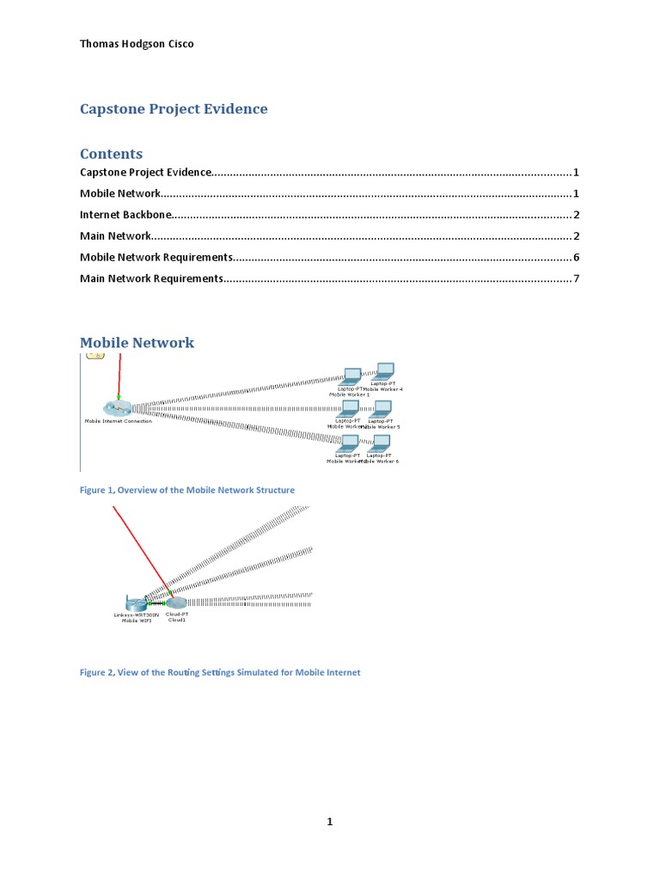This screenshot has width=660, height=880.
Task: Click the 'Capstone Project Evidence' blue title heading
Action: coord(174,109)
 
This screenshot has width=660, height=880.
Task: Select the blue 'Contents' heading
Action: coord(111,154)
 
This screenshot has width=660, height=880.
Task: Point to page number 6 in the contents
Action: coord(576,257)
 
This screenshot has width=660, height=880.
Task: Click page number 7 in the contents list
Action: coord(576,278)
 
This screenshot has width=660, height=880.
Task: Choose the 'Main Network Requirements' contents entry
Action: coord(151,278)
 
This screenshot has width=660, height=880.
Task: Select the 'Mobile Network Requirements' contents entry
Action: coord(156,257)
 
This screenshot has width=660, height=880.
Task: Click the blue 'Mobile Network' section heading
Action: coord(137,343)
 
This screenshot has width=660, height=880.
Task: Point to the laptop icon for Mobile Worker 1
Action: coord(351,376)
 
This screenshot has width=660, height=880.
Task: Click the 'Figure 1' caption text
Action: coord(187,490)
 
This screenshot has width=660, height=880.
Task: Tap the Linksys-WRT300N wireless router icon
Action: coord(135,603)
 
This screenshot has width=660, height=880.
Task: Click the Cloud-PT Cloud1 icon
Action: coord(175,603)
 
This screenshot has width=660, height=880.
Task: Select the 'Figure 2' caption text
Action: coord(220,672)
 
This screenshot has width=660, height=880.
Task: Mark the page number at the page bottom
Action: coord(329,822)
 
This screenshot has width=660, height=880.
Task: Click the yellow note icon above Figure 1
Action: coord(96,354)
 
